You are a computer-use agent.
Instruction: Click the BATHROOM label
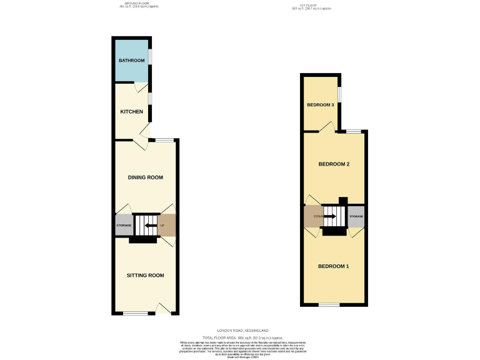[x=132, y=61]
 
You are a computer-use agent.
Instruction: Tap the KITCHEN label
[x=132, y=112]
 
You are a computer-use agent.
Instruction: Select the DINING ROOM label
[x=146, y=177]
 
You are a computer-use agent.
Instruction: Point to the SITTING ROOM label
[x=145, y=276]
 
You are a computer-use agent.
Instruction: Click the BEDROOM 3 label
[x=319, y=104]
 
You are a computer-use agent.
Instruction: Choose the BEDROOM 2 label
[x=334, y=164]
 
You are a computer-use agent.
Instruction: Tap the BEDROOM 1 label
[x=333, y=267]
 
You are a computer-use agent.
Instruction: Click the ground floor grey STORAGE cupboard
[x=124, y=226]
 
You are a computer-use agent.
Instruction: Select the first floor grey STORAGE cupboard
[x=356, y=216]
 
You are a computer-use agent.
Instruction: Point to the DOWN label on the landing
[x=311, y=216]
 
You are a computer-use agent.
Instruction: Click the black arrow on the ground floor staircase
[x=150, y=225]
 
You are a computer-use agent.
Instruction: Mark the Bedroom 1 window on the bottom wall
[x=329, y=305]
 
